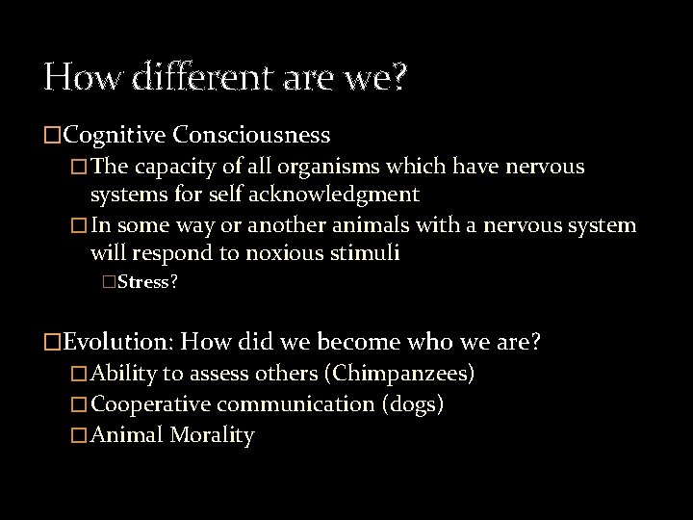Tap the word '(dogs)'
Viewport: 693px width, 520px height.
[413, 403]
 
